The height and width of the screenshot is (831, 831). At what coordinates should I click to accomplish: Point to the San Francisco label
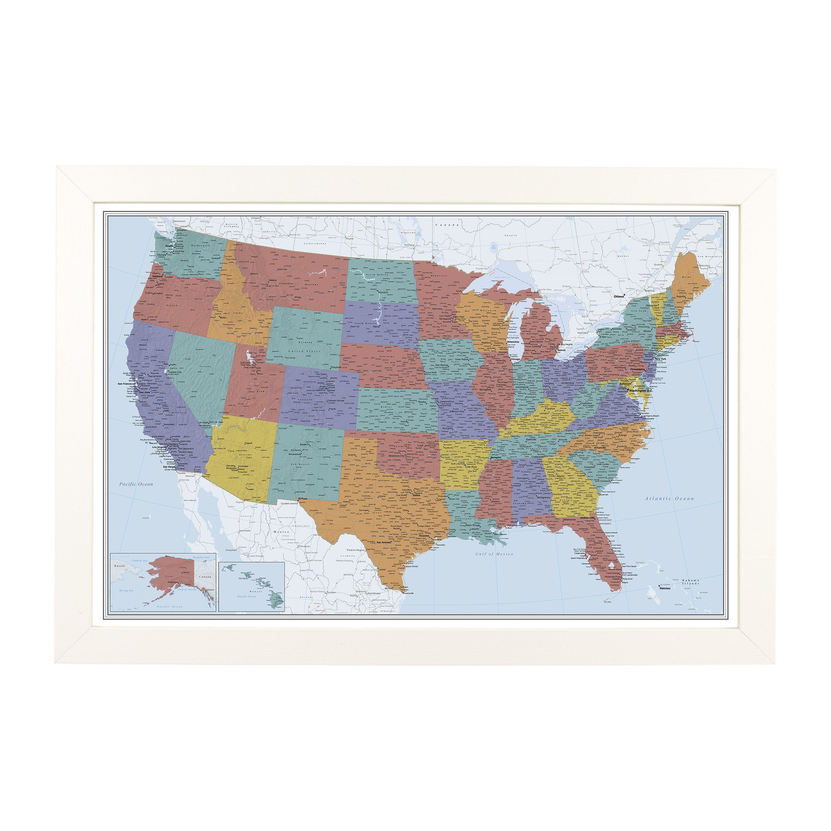(x=127, y=384)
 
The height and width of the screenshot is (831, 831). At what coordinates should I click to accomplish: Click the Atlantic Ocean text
(x=669, y=499)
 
